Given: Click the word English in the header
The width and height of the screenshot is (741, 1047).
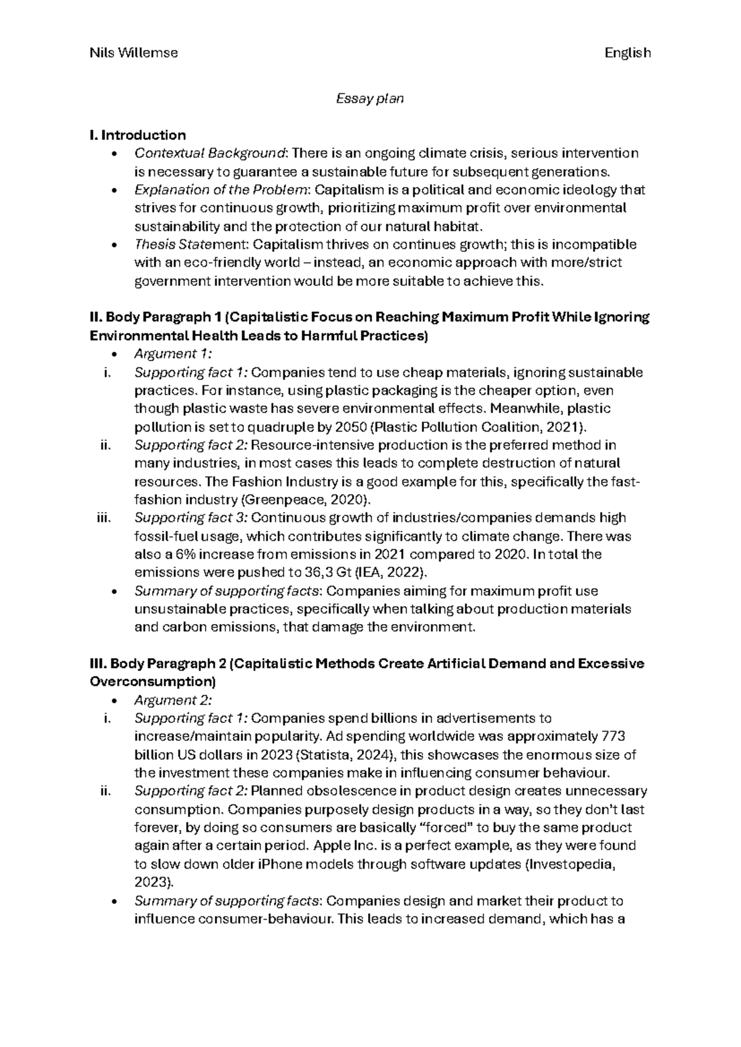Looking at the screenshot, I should coord(627,53).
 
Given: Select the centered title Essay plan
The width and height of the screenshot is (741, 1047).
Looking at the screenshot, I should coord(370,98).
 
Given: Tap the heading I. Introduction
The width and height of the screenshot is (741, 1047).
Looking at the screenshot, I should coord(138,135).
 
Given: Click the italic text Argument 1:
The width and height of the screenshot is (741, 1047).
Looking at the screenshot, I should coord(173,354).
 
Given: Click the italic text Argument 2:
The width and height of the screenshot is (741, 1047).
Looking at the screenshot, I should coord(173,701).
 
